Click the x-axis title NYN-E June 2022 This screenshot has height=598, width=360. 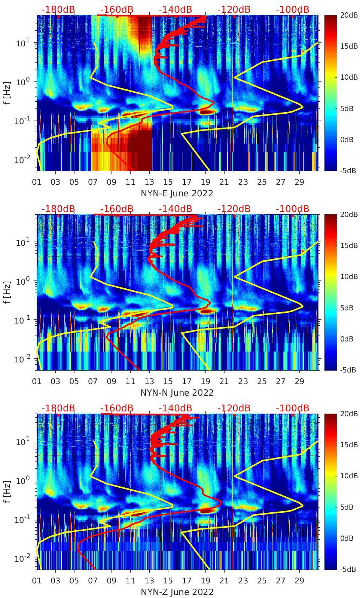pos(177,193)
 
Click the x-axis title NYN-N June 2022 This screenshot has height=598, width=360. pos(177,393)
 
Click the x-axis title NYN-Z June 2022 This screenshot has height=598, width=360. pos(177,592)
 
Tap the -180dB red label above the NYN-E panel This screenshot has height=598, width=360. pos(58,9)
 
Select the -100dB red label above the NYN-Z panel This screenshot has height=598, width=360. pos(293,408)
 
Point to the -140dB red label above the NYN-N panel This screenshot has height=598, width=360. pos(176,209)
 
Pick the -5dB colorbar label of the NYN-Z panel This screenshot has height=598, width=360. pos(348,569)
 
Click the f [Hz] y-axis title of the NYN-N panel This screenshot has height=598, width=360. pos(7,292)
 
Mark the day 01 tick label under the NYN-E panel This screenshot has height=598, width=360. pos(37,182)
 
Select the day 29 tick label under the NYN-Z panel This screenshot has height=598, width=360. pos(299,581)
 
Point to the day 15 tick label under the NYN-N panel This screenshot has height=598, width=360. pos(168,381)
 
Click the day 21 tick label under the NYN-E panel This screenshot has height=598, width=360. pos(224,182)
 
